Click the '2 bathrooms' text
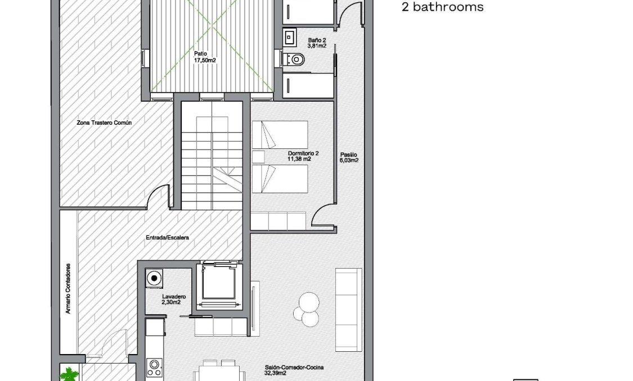click(x=442, y=7)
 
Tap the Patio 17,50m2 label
click(x=205, y=57)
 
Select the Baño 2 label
click(x=317, y=43)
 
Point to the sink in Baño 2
click(x=290, y=38)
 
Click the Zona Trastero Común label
click(x=104, y=122)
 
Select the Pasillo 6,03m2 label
click(x=349, y=157)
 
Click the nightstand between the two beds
click(x=258, y=156)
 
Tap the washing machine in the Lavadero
click(x=154, y=278)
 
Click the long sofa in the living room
click(x=348, y=309)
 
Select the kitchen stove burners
click(x=154, y=368)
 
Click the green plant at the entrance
click(x=70, y=373)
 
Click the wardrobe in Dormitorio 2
click(x=278, y=221)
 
